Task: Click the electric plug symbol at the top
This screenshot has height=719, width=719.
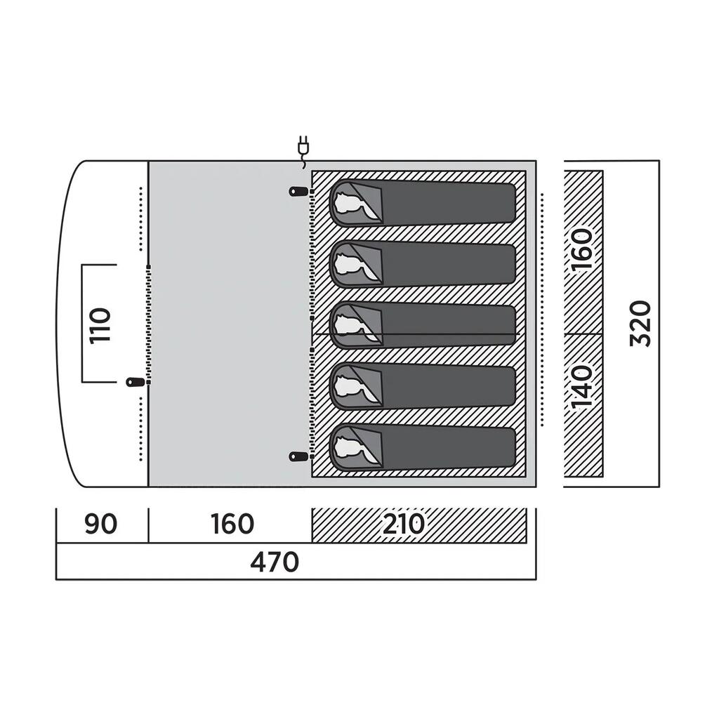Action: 303,152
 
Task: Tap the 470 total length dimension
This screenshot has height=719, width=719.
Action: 275,562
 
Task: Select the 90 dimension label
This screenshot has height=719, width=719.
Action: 101,524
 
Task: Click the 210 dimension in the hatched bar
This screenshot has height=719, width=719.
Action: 404,524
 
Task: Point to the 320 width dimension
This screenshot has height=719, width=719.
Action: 640,323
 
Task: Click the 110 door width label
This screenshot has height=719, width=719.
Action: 100,326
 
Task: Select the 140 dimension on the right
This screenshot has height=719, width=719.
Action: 581,387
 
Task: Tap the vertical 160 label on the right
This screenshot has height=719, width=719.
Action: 581,250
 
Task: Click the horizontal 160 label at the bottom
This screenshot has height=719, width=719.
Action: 232,524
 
